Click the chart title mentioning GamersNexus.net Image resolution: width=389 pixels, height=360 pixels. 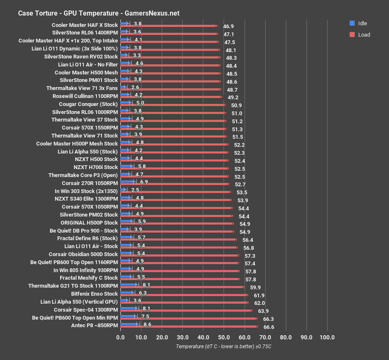[x=99, y=13]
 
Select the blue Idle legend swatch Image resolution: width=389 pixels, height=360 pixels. [x=352, y=23]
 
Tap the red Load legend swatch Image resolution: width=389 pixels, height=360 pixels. [x=352, y=34]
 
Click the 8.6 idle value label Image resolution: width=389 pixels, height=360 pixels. [x=147, y=324]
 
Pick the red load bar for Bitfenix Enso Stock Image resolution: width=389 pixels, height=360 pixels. [x=184, y=295]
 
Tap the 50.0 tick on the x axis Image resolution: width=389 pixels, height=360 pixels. [x=224, y=337]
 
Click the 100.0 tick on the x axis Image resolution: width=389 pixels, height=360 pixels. [x=327, y=337]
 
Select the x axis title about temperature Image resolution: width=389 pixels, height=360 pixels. [x=224, y=347]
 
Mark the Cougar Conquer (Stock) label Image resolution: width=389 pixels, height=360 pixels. [x=88, y=104]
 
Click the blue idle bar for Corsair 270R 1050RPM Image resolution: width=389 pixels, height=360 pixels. [x=128, y=182]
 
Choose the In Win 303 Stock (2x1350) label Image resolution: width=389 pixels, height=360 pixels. [x=86, y=191]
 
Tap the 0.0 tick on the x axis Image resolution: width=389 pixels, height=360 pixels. [x=120, y=337]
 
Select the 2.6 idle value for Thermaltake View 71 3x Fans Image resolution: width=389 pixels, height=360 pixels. [x=135, y=87]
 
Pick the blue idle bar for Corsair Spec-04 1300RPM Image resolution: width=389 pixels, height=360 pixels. [x=129, y=308]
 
